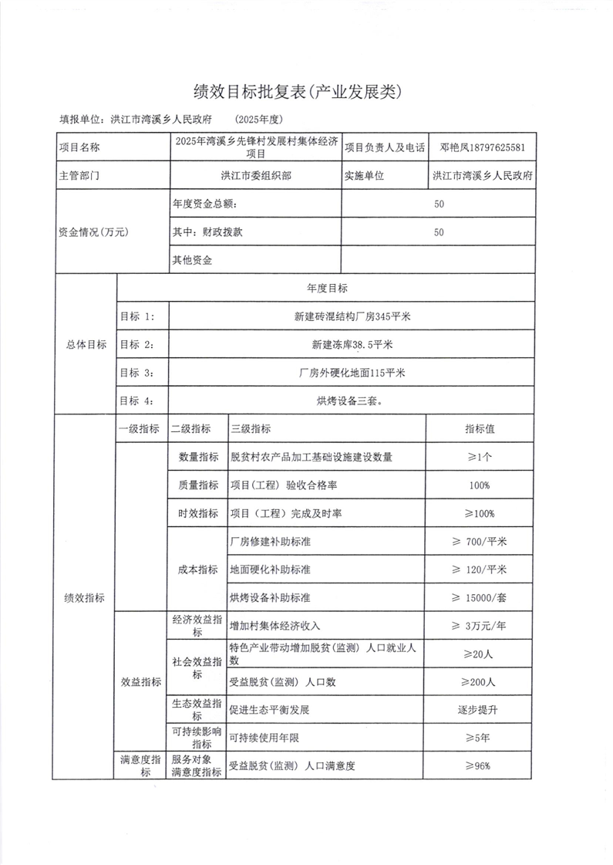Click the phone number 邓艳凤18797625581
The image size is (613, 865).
[483, 147]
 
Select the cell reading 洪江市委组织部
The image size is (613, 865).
[256, 175]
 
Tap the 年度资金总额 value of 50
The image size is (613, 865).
[439, 204]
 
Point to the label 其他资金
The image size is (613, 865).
[193, 260]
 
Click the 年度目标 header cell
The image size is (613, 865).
[327, 288]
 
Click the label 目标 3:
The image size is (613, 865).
[137, 372]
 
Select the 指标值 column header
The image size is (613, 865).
[480, 429]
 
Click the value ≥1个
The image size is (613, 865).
[480, 457]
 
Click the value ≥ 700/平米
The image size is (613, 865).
[480, 541]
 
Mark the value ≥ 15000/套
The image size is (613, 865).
[480, 597]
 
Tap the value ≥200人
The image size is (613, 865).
[480, 682]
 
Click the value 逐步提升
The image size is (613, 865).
[480, 709]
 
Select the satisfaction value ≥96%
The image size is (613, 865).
[480, 765]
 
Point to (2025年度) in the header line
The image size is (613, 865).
[262, 120]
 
